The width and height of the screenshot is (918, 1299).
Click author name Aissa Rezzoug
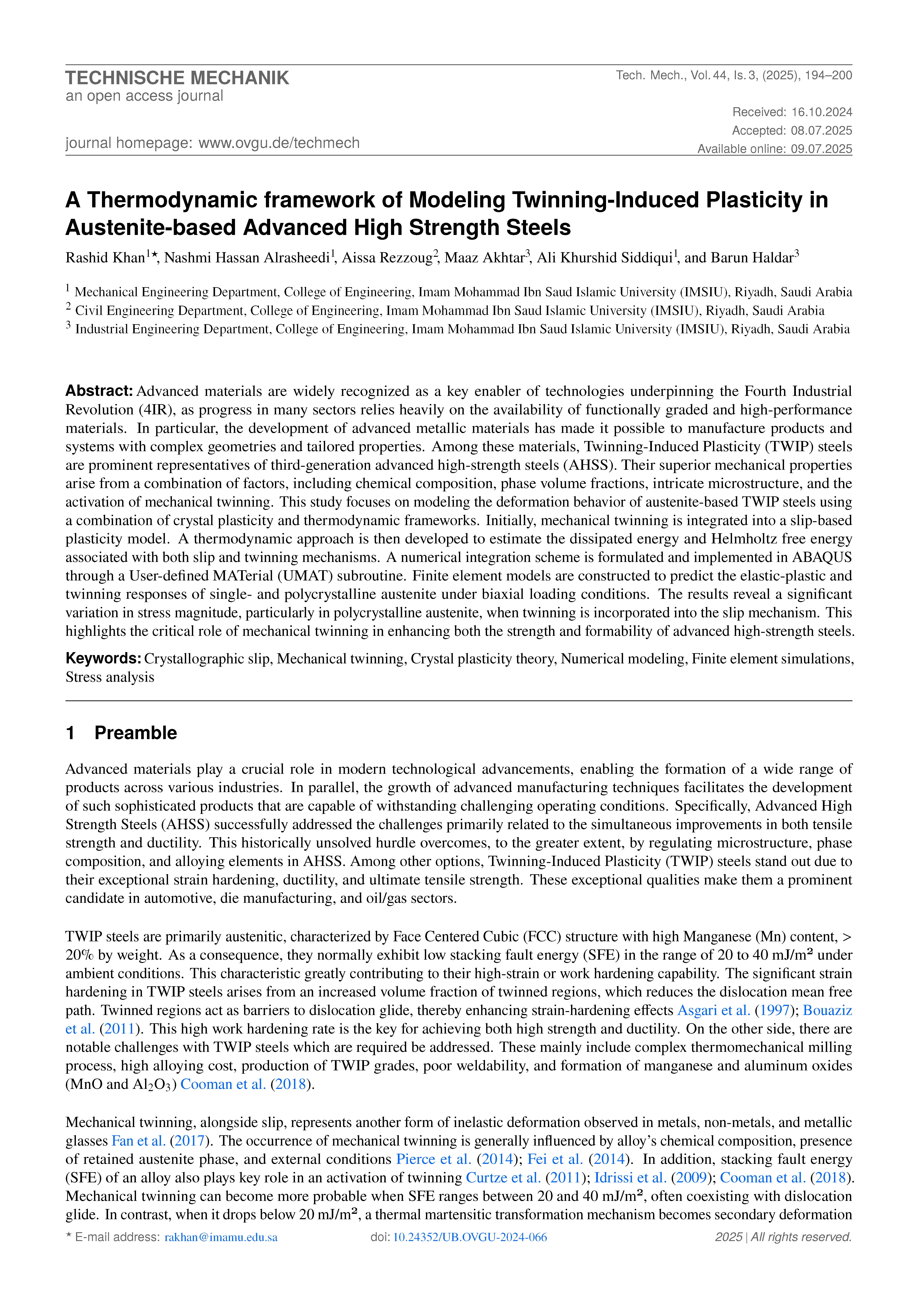(387, 258)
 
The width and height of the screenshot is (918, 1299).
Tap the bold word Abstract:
(99, 391)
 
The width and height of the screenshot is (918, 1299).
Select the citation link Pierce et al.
(433, 1159)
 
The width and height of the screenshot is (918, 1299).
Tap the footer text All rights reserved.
(801, 1237)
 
